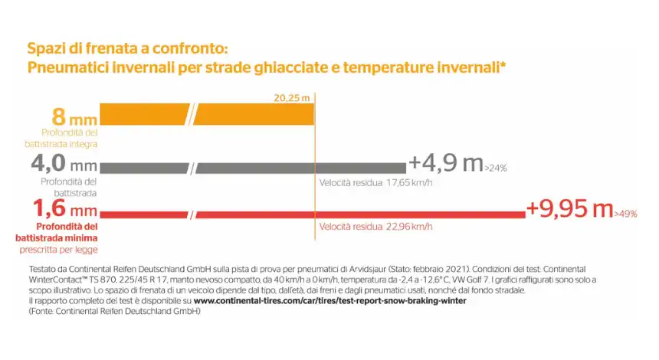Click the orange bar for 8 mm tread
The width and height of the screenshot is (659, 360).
(207, 114)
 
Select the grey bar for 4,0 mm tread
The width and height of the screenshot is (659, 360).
(253, 168)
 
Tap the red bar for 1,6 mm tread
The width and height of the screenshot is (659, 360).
(313, 214)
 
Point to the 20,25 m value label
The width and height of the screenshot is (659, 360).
(292, 98)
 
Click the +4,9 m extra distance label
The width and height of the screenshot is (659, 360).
(446, 163)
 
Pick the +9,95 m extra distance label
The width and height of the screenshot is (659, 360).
(569, 208)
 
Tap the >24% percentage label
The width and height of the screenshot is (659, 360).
(496, 169)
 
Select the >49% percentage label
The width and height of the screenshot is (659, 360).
(626, 214)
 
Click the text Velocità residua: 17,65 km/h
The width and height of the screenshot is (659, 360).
(375, 183)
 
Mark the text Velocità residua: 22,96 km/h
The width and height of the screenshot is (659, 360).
(375, 227)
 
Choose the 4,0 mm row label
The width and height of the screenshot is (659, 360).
(64, 163)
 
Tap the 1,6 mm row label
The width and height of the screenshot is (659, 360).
(65, 208)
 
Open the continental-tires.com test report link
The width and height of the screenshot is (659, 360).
(330, 301)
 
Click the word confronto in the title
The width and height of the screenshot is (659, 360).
(189, 48)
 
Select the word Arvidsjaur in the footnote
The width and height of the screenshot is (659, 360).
(366, 270)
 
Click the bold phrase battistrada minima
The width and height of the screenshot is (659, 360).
(56, 238)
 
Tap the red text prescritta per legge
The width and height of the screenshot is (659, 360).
(58, 250)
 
